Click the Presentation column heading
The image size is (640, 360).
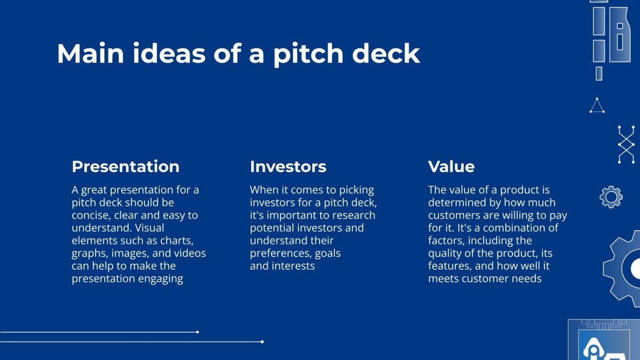pos(125,166)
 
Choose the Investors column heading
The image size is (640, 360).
pos(288,166)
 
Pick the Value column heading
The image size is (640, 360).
pos(451,166)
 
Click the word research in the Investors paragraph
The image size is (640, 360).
pos(354,215)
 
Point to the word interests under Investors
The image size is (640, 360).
pos(293,266)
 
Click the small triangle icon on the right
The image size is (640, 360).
pos(596,106)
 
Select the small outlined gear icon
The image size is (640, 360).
pos(611,196)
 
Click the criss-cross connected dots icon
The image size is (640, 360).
pos(626,144)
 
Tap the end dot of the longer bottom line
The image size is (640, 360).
pos(262,341)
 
